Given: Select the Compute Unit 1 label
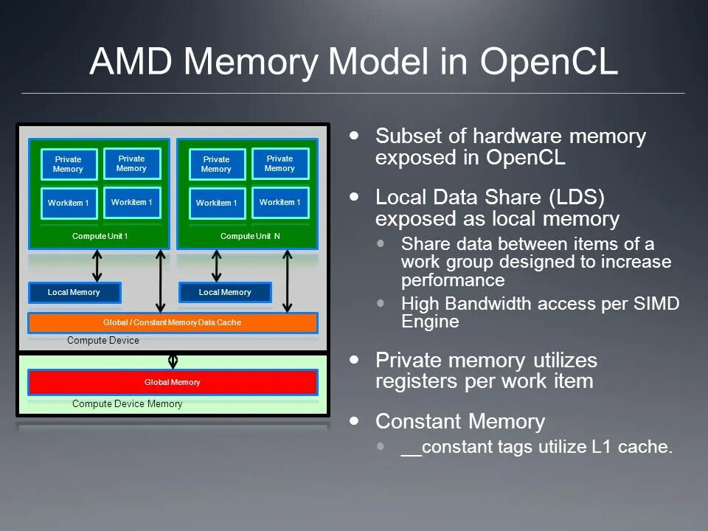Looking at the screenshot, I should click(x=100, y=236).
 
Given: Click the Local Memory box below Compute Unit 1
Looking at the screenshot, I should click(x=74, y=293).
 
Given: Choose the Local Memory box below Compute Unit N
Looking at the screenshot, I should click(x=225, y=293).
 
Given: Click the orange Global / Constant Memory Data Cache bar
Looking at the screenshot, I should click(x=173, y=323).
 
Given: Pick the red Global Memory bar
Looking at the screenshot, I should click(x=173, y=382).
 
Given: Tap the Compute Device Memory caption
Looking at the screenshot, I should click(x=127, y=404).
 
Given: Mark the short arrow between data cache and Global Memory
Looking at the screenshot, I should click(x=173, y=360).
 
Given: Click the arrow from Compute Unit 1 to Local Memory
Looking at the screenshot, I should click(x=97, y=265).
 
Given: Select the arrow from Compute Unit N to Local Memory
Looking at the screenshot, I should click(x=217, y=265).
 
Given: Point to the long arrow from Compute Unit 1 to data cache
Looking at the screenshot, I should click(x=161, y=280).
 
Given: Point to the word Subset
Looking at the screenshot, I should click(x=403, y=136).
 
